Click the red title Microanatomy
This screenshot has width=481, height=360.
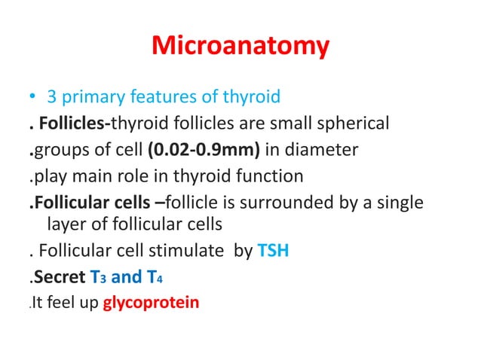(240, 47)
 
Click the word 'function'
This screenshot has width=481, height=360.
(269, 177)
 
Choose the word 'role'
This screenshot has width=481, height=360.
(148, 177)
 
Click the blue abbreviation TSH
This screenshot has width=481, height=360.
(274, 251)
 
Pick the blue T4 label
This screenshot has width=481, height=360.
(152, 278)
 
